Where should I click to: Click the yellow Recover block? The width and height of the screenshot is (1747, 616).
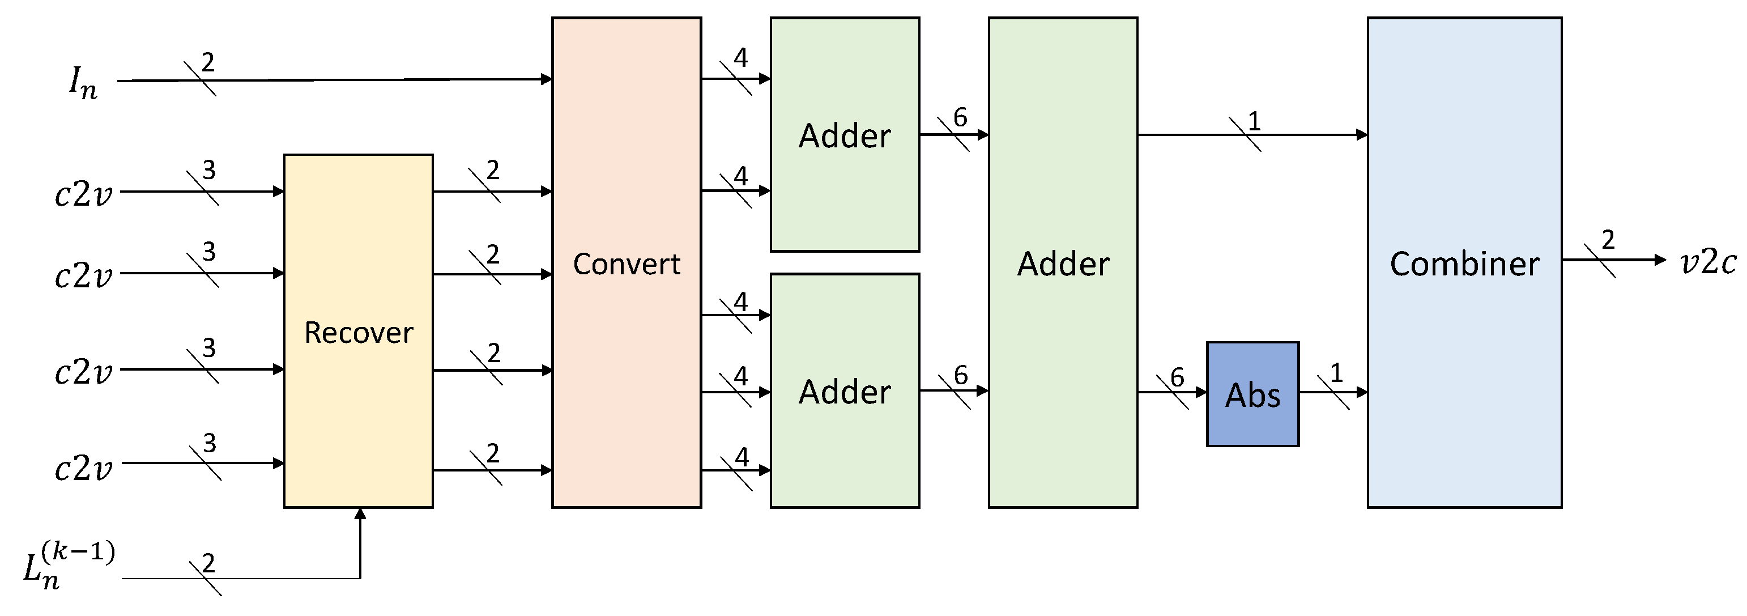[358, 331]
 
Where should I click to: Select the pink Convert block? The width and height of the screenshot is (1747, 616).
[626, 262]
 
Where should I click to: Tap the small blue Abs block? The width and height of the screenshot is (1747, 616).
[1252, 394]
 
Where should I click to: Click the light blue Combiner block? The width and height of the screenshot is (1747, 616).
[1464, 262]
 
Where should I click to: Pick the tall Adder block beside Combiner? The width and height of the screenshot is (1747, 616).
[1062, 262]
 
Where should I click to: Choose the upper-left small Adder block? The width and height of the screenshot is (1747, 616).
[845, 135]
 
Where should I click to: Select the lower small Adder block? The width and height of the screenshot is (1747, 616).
[845, 391]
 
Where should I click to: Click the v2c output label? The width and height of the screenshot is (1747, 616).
[1708, 262]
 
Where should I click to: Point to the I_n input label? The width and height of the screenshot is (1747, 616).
[83, 82]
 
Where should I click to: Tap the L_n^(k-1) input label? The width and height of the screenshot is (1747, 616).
[68, 565]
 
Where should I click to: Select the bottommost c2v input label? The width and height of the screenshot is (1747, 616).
[83, 469]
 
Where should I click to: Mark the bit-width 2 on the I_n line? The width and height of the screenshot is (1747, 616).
[208, 62]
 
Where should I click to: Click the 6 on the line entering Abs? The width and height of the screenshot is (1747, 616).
[1177, 377]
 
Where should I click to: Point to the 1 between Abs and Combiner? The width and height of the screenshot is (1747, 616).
[1336, 372]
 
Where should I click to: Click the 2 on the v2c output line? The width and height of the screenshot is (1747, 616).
[1608, 240]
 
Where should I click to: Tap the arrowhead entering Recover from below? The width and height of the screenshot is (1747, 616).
[360, 513]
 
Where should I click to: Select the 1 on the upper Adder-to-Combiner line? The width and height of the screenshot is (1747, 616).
[1254, 121]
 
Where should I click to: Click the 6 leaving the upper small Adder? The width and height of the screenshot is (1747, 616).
[960, 117]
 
